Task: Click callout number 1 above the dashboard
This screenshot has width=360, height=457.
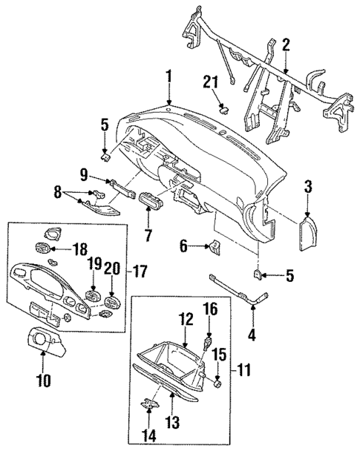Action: point(169,76)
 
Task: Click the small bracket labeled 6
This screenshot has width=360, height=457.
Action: point(215,247)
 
